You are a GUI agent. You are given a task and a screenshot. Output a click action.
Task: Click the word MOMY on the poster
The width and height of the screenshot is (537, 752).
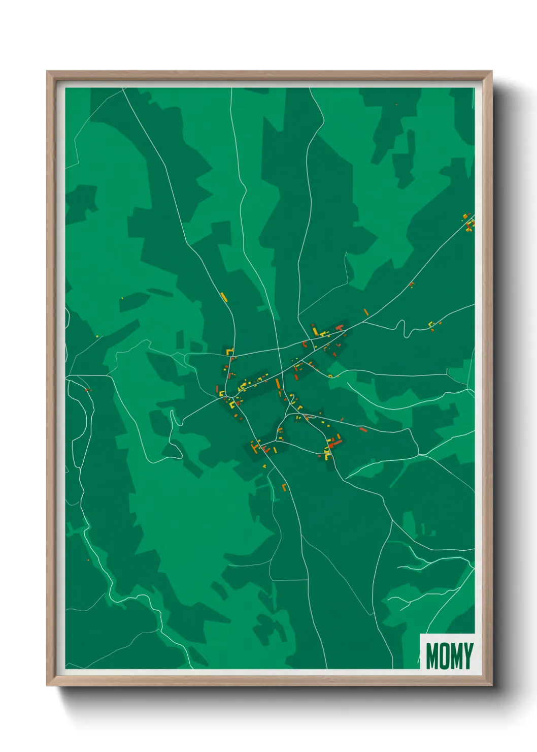tap(449, 655)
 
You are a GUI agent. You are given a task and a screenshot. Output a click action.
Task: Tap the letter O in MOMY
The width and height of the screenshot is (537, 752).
tap(443, 655)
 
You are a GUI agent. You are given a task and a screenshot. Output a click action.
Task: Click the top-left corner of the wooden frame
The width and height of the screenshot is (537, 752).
tap(48, 72)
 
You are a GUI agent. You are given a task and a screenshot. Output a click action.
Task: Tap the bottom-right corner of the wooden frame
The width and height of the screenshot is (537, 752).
tap(491, 685)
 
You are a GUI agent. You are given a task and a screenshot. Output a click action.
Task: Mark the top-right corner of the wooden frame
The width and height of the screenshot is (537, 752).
tap(491, 72)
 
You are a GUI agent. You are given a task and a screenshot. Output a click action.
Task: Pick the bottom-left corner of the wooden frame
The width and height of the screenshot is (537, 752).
tap(48, 685)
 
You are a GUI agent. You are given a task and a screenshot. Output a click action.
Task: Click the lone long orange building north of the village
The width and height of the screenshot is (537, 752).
tap(224, 297)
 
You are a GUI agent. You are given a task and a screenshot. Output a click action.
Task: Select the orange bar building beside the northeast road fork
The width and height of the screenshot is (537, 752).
tap(366, 312)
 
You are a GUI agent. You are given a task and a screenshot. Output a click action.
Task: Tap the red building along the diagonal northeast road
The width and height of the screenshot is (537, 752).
tap(411, 284)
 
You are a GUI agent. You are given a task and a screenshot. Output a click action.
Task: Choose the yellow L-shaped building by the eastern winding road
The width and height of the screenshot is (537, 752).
tap(431, 324)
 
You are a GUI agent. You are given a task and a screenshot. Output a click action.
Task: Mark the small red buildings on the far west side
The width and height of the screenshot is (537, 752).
tap(88, 390)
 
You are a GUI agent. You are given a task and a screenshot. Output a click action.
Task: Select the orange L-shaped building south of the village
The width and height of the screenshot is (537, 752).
tap(284, 487)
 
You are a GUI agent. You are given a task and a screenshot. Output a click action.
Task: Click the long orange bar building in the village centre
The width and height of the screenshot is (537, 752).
tap(278, 384)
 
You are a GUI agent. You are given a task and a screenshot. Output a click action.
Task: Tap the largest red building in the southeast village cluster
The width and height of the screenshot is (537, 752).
tap(334, 443)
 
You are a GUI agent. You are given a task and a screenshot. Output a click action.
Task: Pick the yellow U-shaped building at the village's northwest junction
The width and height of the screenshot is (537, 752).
tap(229, 351)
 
